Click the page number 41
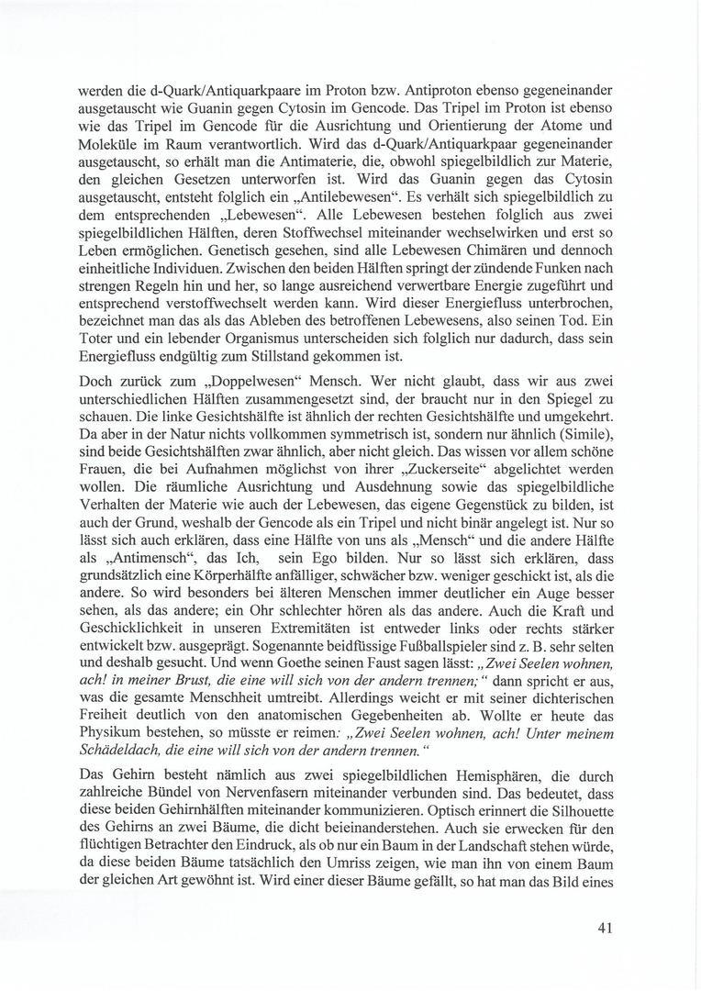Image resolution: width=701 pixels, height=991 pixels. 604,928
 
